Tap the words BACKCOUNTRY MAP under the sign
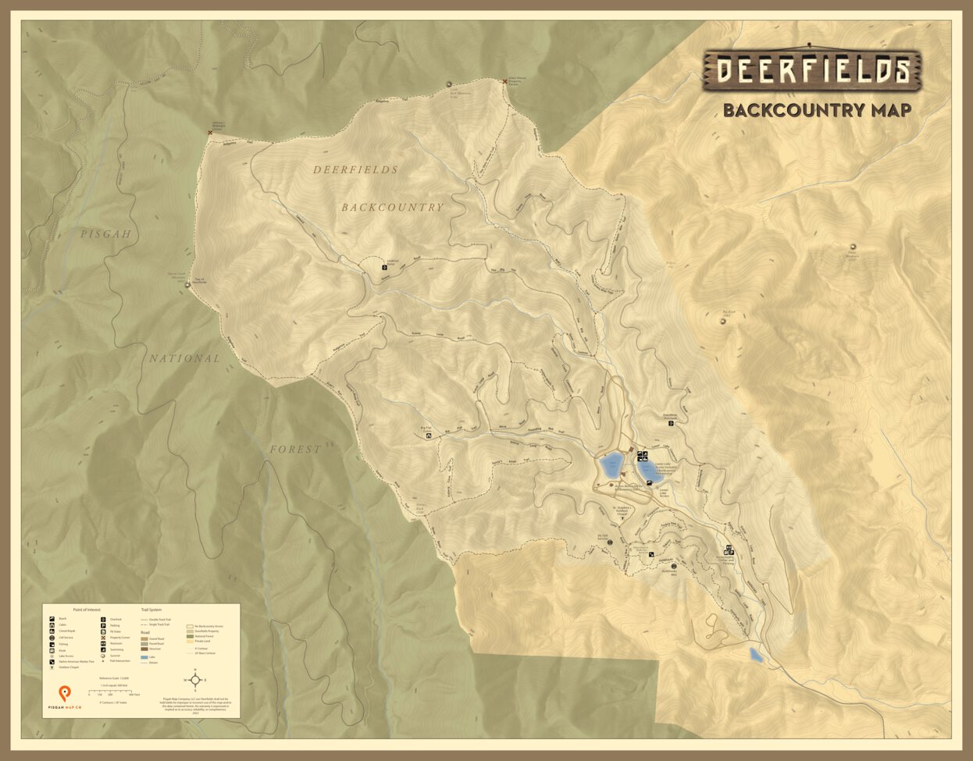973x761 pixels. click(816, 110)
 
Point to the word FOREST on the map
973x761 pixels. click(295, 450)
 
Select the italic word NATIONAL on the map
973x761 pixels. click(185, 358)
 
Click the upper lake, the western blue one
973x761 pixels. click(610, 467)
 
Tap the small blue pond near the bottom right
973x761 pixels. click(755, 655)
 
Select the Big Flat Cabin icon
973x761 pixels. click(428, 436)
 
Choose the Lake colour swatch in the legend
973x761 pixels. click(144, 657)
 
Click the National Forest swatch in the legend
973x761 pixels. click(190, 636)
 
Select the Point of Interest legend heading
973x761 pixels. click(87, 609)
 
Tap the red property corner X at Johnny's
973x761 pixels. click(210, 133)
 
